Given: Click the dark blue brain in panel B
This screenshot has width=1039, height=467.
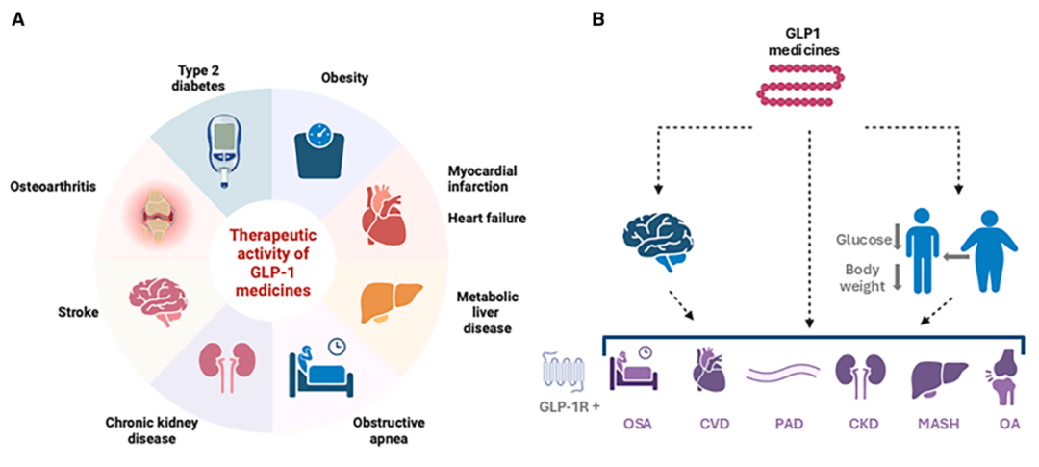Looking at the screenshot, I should click(x=660, y=240).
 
